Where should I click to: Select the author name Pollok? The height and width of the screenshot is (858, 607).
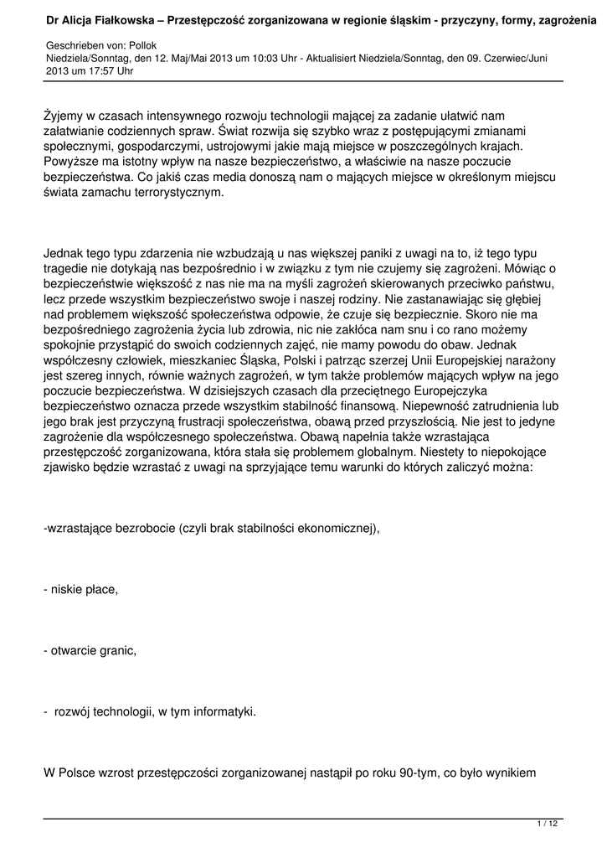[143, 44]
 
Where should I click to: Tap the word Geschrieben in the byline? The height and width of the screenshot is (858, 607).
[72, 44]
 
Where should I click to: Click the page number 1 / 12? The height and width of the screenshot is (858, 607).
[547, 824]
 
